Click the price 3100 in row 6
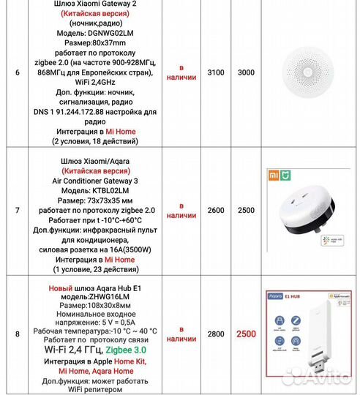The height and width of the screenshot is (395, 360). (216, 74)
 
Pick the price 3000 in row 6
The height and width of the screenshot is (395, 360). (247, 74)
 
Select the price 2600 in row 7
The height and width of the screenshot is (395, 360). (216, 210)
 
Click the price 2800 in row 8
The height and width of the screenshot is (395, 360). (216, 334)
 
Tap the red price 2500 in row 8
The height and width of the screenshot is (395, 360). (247, 334)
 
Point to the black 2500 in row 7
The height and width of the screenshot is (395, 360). (247, 210)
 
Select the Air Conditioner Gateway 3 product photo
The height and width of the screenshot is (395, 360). (307, 213)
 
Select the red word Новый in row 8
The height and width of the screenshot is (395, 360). (60, 289)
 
